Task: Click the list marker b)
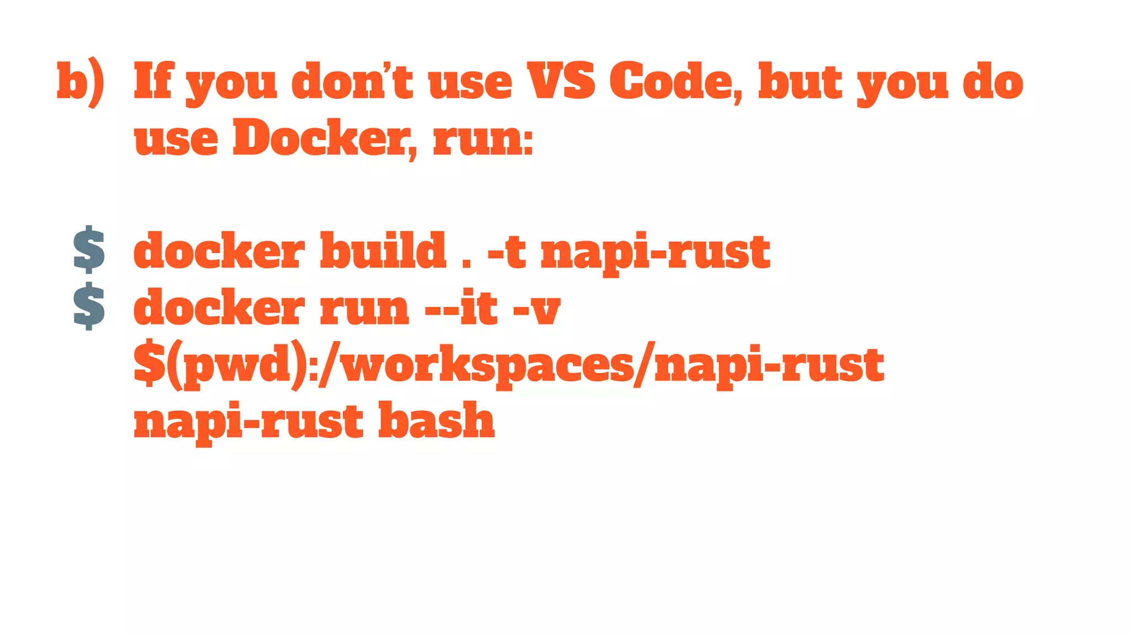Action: coord(81,83)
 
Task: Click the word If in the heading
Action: coord(154,81)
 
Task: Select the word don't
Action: coord(352,81)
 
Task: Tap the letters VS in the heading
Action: coord(561,81)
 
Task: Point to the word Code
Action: coord(676,82)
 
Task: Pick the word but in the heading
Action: coord(800,81)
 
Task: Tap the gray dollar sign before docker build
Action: coord(89,250)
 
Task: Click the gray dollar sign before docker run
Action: coord(89,306)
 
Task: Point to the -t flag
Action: coord(506,252)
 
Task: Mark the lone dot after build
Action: coord(467,264)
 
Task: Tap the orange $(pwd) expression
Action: coord(221,364)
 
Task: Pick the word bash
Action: coord(436,421)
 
